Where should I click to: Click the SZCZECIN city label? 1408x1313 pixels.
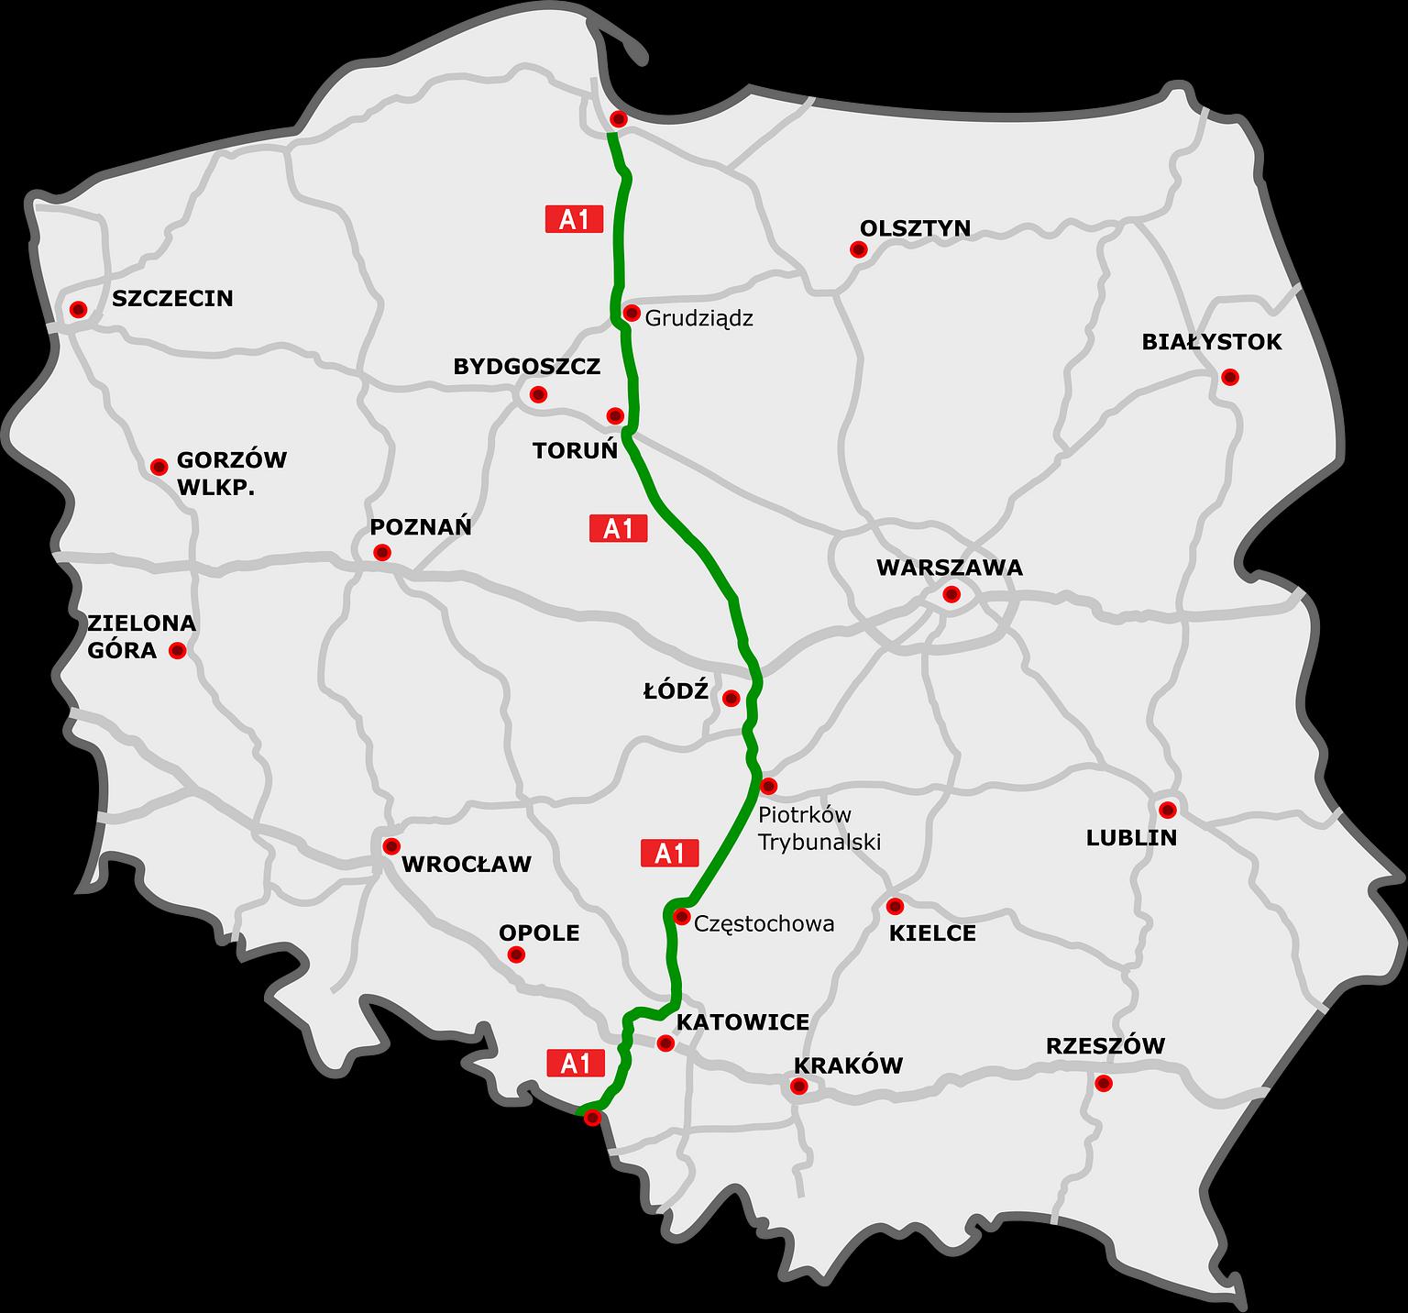tap(172, 298)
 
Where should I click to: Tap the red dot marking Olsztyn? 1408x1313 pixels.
tap(858, 249)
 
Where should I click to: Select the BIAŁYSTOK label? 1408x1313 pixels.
tap(1211, 342)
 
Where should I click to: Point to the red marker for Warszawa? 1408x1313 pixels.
tap(951, 594)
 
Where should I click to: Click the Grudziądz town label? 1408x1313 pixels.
tap(698, 319)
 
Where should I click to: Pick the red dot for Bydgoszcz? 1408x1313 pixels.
tap(538, 395)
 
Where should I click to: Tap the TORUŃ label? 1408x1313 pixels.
tap(575, 451)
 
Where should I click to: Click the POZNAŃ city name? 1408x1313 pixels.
tap(421, 526)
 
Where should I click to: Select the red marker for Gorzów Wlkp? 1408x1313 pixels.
tap(159, 467)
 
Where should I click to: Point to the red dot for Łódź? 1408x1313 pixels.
tap(731, 699)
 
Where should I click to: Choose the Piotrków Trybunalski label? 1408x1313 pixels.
tap(819, 828)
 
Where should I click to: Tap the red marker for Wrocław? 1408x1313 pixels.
tap(391, 845)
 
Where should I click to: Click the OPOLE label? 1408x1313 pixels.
tap(539, 932)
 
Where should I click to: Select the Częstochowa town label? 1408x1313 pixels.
tap(764, 923)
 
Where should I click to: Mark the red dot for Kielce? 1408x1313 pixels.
tap(895, 906)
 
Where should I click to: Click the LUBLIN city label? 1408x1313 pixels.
tap(1131, 837)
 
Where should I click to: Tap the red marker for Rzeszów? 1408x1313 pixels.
tap(1104, 1083)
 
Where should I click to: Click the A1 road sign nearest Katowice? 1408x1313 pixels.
tap(576, 1064)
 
